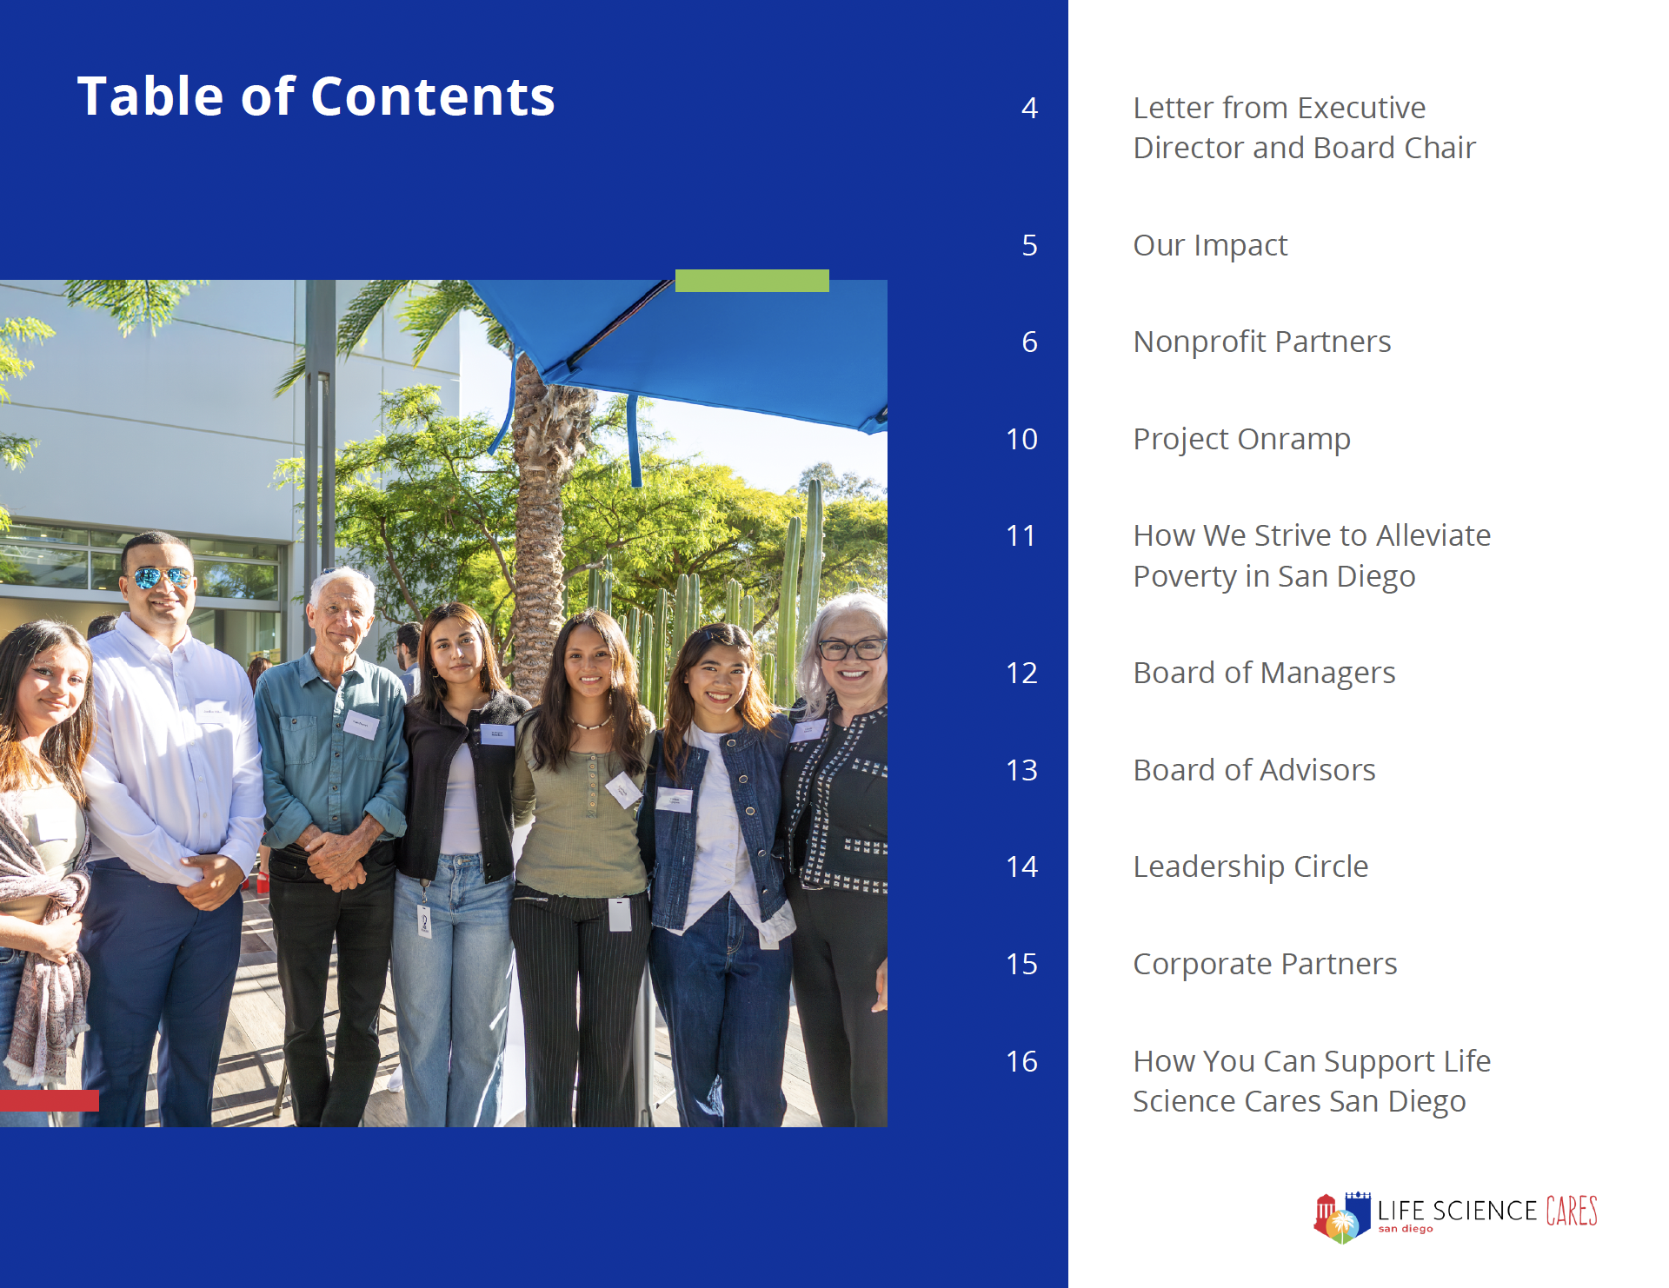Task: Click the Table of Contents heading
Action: [x=316, y=96]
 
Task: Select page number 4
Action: [x=1029, y=108]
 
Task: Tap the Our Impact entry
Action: [x=1210, y=246]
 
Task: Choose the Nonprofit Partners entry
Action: [x=1262, y=342]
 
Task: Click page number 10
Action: [x=1021, y=439]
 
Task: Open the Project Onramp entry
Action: [x=1241, y=440]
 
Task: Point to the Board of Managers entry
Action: [x=1264, y=674]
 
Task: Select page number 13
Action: [x=1021, y=770]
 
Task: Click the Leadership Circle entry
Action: [x=1251, y=866]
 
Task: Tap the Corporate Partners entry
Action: [x=1265, y=965]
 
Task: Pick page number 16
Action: [x=1021, y=1061]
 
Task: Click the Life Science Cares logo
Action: [x=1455, y=1216]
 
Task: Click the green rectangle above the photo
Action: [x=752, y=281]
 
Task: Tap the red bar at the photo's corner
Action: [x=49, y=1100]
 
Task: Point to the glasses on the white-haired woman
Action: [x=850, y=648]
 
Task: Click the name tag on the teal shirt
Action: [x=361, y=725]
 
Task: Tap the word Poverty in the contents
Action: [x=1186, y=577]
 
